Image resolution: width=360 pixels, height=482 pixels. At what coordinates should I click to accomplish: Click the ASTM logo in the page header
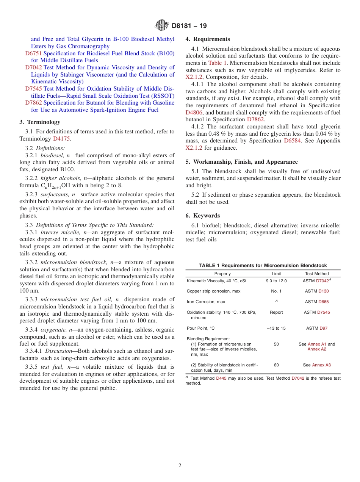point(162,26)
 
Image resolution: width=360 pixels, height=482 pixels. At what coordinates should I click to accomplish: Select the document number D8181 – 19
point(189,26)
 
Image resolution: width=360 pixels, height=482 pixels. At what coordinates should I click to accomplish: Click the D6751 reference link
point(33,53)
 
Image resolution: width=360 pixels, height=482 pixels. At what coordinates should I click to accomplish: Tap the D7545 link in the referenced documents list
point(33,89)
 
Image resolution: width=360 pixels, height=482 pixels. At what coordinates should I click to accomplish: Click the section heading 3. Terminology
point(40,122)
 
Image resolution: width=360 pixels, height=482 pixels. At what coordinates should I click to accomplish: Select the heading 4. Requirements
point(208,39)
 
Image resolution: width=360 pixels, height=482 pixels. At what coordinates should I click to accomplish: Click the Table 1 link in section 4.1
point(218,63)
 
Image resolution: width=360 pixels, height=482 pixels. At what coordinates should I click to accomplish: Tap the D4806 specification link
point(194,113)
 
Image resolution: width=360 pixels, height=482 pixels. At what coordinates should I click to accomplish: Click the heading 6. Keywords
point(202,216)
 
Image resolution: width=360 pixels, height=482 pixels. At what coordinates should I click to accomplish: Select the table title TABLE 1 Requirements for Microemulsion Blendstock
point(263,266)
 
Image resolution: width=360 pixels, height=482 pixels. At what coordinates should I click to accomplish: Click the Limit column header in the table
point(276,274)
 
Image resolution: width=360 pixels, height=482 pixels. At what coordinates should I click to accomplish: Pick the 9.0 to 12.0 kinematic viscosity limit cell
point(277,281)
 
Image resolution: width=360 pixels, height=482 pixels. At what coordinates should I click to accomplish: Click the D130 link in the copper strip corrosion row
point(324,291)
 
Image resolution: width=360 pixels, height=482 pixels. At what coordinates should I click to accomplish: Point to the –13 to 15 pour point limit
point(276,328)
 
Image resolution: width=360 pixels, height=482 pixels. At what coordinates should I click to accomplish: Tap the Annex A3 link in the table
point(321,365)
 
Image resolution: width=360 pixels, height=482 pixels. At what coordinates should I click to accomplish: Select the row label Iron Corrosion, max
point(206,302)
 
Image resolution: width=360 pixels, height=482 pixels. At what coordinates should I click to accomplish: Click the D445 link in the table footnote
point(221,378)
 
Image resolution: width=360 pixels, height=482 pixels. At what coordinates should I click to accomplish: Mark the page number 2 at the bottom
point(180,466)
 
